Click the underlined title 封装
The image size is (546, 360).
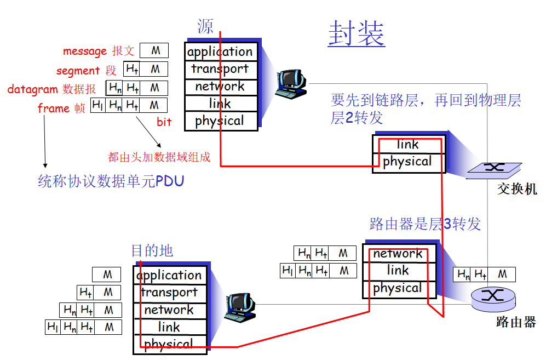tap(356, 34)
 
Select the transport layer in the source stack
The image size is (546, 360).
tap(220, 69)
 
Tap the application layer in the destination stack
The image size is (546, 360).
tap(169, 275)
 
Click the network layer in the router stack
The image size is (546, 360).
tap(398, 254)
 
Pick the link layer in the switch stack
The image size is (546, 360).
tap(407, 145)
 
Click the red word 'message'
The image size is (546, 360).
tap(84, 52)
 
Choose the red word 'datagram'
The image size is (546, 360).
tap(32, 89)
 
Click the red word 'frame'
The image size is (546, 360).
tap(53, 108)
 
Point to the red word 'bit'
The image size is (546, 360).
tap(164, 122)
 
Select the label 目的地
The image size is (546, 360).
tap(152, 251)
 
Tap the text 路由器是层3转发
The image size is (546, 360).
tap(425, 224)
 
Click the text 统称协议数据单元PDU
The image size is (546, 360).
tap(111, 181)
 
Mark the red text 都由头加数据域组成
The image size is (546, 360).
tap(159, 158)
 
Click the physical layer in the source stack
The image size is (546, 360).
tap(220, 121)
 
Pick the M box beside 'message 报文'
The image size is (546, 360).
tap(156, 51)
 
